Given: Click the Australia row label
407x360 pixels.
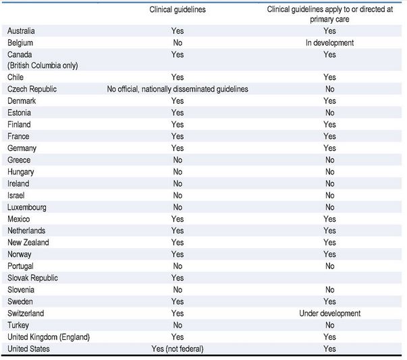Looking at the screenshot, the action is click(x=21, y=31).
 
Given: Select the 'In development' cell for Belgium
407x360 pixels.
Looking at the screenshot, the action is click(x=329, y=42).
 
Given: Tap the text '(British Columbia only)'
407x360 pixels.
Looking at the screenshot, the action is click(x=43, y=65).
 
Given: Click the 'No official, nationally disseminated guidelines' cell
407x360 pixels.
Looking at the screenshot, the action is click(x=178, y=89).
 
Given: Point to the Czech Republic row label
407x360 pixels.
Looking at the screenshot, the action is click(x=32, y=89).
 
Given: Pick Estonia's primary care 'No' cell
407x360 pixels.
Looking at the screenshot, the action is click(x=329, y=113).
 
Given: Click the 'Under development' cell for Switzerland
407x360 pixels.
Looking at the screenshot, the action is click(x=329, y=313).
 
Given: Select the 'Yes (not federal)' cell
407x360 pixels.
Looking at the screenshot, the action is click(x=178, y=349).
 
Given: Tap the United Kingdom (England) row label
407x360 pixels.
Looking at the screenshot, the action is click(x=49, y=337).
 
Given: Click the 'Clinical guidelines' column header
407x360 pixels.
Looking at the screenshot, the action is click(x=178, y=9).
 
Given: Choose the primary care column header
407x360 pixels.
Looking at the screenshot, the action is click(x=329, y=14).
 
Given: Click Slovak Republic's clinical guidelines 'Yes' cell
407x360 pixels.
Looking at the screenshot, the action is click(x=178, y=278).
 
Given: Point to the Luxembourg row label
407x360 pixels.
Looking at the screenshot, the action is click(x=27, y=208).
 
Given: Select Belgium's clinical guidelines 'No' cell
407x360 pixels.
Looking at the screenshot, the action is click(x=178, y=42).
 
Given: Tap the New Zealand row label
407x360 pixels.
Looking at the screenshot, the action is click(x=28, y=243).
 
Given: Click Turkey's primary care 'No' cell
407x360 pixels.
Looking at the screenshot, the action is click(x=329, y=325).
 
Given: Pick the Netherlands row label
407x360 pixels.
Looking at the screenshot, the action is click(x=26, y=231).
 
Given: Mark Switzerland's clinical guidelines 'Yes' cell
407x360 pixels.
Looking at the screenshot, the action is click(x=178, y=313).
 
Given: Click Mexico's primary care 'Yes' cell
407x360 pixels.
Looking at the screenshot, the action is click(x=329, y=219).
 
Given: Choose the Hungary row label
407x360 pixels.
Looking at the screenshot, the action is click(x=20, y=172).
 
